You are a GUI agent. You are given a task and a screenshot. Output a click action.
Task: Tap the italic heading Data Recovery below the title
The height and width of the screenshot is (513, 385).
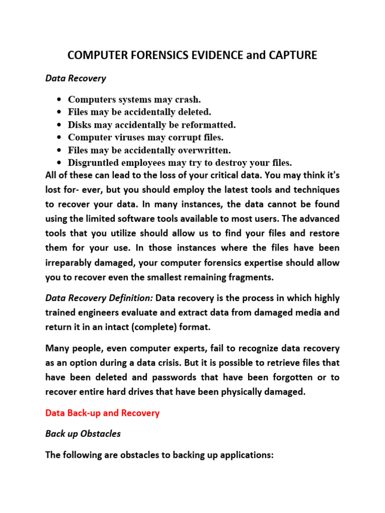tap(76, 78)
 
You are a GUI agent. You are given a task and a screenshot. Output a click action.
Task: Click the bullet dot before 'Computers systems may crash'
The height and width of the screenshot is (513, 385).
tap(60, 99)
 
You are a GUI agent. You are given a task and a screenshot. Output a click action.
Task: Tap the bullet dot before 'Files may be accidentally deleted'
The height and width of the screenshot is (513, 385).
tap(60, 112)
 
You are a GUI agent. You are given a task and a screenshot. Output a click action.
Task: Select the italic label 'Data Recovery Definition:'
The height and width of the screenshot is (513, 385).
tap(99, 298)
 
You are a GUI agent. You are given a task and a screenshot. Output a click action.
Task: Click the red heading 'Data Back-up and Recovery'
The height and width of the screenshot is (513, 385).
tap(102, 413)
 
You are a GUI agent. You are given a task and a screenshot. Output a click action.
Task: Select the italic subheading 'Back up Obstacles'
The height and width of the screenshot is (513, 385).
tap(83, 434)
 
